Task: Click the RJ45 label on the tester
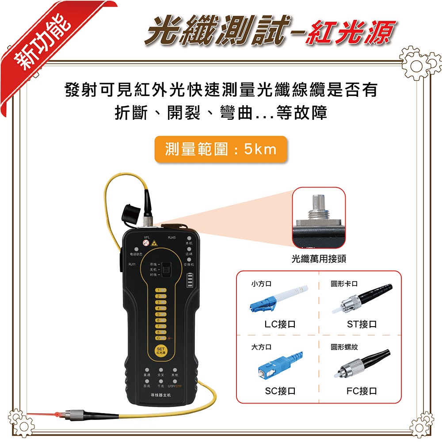pyautogui.click(x=171, y=238)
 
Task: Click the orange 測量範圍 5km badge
pyautogui.click(x=221, y=149)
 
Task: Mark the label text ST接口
pyautogui.click(x=362, y=324)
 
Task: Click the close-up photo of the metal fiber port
pyautogui.click(x=319, y=217)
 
